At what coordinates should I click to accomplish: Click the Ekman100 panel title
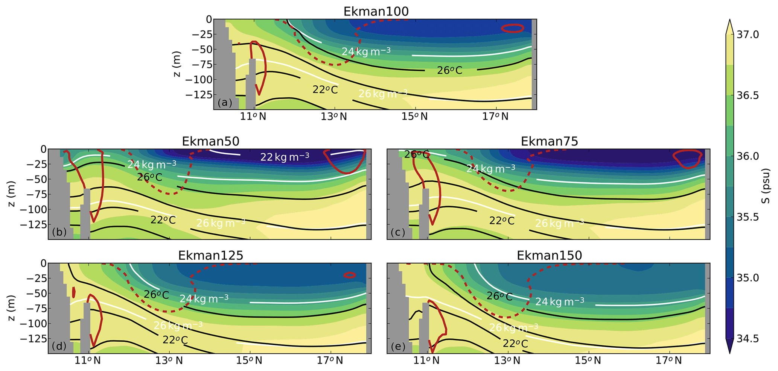click(x=376, y=12)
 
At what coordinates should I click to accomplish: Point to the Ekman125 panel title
click(x=210, y=255)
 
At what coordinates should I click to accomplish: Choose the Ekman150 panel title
click(x=549, y=255)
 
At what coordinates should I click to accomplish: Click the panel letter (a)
click(x=225, y=103)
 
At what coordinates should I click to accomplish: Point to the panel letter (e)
click(x=398, y=346)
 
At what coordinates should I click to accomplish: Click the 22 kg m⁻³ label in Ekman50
click(x=285, y=157)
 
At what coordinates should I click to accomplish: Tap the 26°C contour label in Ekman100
click(x=449, y=70)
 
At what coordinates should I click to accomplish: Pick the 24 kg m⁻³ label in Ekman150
click(x=560, y=301)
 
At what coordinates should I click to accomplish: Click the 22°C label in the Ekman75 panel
click(x=502, y=221)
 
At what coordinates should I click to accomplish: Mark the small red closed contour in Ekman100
click(x=512, y=28)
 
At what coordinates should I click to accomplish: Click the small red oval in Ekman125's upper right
click(x=350, y=275)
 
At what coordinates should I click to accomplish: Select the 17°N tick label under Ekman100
click(x=496, y=117)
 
